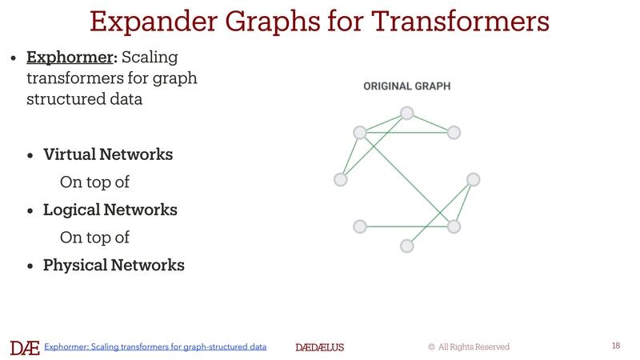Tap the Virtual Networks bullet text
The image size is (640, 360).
coord(108,154)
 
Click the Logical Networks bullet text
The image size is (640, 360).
coord(110,210)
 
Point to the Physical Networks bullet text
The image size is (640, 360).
coord(114,265)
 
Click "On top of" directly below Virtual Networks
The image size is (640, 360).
coord(94,182)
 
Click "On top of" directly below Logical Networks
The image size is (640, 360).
coord(94,238)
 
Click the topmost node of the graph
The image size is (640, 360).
coord(406,113)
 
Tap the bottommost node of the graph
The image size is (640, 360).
coord(406,246)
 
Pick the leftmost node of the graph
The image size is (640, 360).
coord(341,180)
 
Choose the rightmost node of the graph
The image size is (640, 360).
coord(473,178)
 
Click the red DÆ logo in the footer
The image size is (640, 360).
coord(24,347)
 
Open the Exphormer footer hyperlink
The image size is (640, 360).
coord(155,347)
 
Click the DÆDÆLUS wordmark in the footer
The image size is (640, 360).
coord(319,347)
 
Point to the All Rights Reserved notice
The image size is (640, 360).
coord(469,347)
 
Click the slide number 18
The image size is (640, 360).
coord(615,346)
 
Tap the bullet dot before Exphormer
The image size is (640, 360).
coord(13,59)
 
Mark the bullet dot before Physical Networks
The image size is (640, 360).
coord(30,266)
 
